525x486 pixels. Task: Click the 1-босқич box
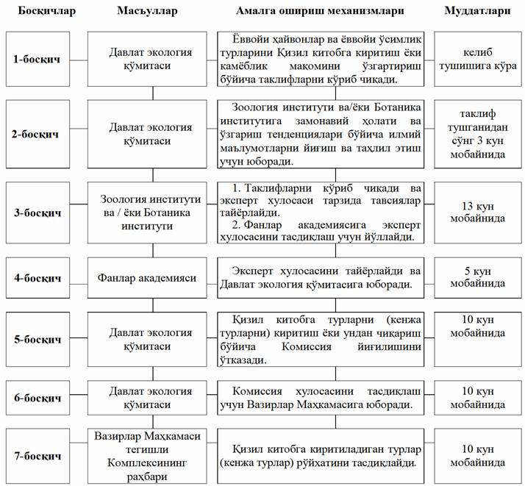point(37,58)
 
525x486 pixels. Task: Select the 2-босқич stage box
point(37,135)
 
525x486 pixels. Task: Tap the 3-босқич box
point(37,212)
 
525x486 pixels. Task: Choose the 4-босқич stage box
point(37,279)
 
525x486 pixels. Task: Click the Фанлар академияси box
point(151,279)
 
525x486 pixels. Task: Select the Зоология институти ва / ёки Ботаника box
point(151,212)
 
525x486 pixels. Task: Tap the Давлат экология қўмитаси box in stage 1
point(151,58)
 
